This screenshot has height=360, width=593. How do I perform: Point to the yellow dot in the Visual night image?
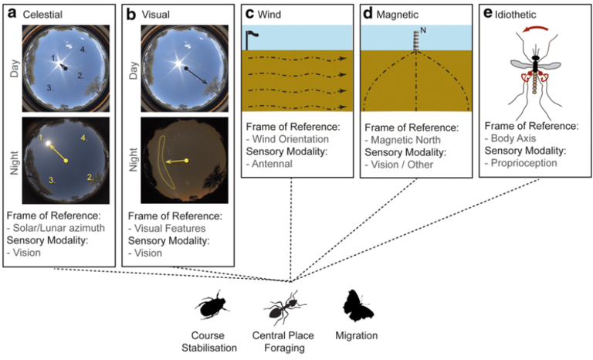click(x=186, y=161)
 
